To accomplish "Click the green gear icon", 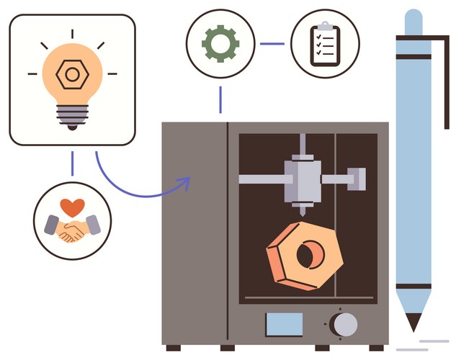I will [220, 44].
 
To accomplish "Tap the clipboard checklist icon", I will [325, 44].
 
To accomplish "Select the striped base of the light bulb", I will [71, 114].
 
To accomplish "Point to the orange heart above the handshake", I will [71, 207].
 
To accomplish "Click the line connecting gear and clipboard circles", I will [272, 44].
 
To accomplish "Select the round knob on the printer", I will [344, 324].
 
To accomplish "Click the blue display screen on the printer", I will [285, 324].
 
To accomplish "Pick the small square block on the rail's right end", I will [356, 177].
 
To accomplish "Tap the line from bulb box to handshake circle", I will [72, 163].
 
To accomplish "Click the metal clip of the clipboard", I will [325, 27].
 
